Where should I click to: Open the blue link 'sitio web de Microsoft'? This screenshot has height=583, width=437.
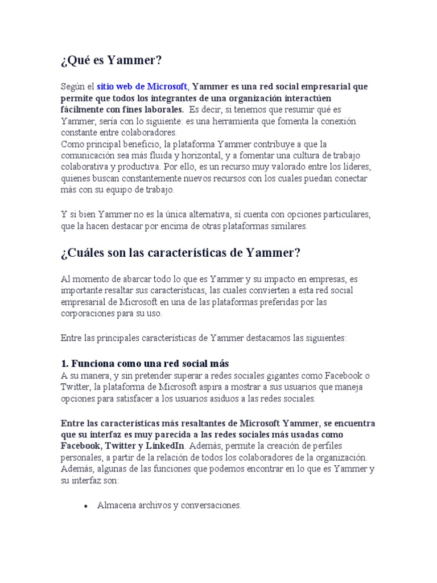click(x=142, y=87)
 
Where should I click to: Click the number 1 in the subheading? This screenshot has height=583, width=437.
click(x=64, y=363)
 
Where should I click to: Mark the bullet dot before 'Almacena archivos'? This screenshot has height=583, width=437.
click(x=85, y=505)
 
